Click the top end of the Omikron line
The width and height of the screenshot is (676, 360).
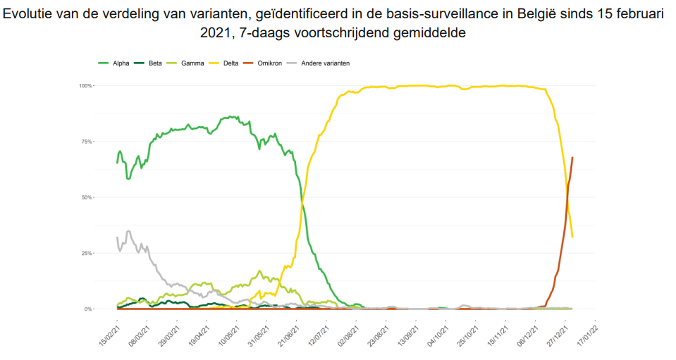572,158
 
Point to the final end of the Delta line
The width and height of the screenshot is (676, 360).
572,237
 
